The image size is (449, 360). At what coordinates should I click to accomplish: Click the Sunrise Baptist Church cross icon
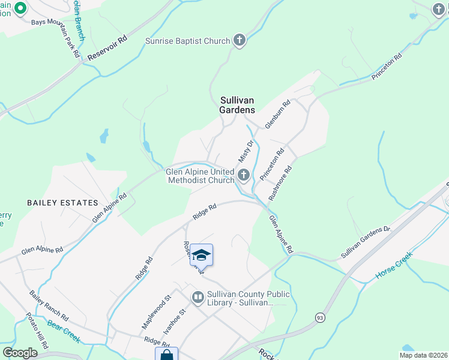(240, 41)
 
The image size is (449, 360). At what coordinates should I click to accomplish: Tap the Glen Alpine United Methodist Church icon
(244, 175)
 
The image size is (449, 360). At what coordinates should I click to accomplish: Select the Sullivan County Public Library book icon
(197, 297)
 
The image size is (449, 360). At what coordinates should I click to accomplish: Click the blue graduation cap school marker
(202, 255)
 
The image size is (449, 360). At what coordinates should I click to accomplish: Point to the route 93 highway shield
(319, 317)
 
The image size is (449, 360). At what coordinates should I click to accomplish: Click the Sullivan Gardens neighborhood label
(237, 106)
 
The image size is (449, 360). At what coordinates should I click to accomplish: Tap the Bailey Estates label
(62, 203)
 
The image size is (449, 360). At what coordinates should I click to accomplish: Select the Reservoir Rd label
(107, 48)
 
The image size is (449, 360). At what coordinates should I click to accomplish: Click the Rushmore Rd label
(280, 183)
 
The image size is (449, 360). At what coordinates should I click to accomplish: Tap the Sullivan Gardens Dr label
(366, 243)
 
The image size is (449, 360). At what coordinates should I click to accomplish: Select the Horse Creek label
(394, 265)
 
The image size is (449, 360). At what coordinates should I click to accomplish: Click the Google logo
(20, 353)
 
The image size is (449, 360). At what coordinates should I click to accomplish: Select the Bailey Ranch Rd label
(49, 305)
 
